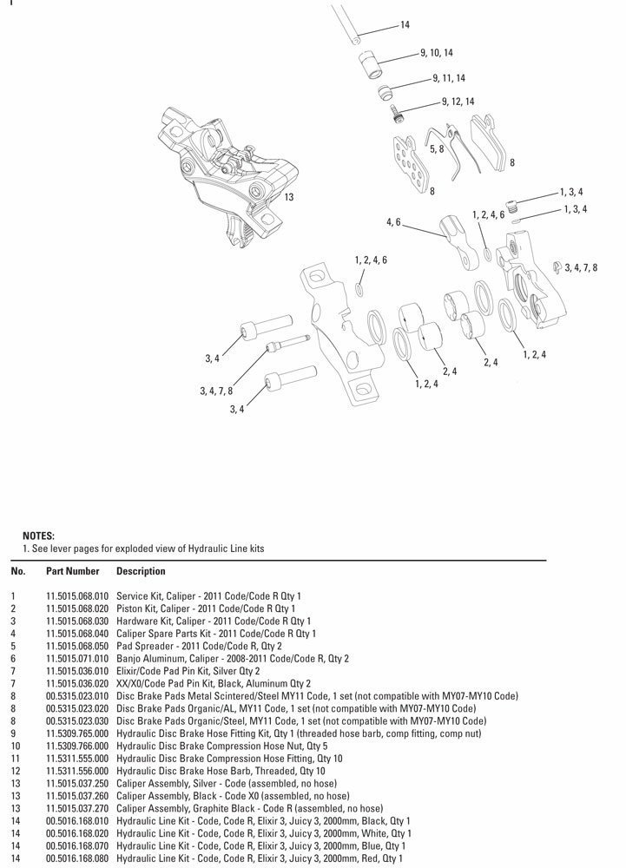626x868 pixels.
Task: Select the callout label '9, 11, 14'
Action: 449,78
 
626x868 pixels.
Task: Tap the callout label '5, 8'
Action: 437,149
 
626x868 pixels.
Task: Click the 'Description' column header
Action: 140,572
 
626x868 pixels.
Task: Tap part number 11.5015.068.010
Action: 77,597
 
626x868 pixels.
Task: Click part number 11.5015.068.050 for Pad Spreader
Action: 77,647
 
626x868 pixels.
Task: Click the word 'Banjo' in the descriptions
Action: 127,659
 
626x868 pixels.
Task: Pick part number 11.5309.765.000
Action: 77,732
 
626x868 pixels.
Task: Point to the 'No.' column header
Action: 17,572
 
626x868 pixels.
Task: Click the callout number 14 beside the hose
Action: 405,25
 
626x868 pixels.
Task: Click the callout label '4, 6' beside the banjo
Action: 393,223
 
